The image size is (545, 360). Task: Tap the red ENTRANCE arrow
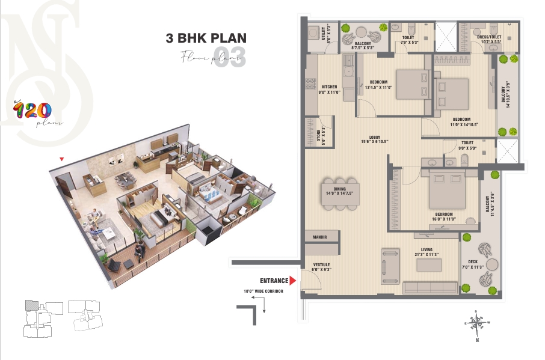pyautogui.click(x=293, y=281)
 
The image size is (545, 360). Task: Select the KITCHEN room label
pyautogui.click(x=329, y=87)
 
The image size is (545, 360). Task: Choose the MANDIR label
pyautogui.click(x=319, y=237)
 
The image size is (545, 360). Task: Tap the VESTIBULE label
pyautogui.click(x=322, y=265)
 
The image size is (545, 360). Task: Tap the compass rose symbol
pyautogui.click(x=476, y=325)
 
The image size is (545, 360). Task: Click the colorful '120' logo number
pyautogui.click(x=33, y=111)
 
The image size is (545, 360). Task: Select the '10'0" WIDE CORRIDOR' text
pyautogui.click(x=263, y=292)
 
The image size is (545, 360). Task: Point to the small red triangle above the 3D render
pyautogui.click(x=61, y=159)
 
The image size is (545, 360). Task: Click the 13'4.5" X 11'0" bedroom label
pyautogui.click(x=378, y=85)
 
